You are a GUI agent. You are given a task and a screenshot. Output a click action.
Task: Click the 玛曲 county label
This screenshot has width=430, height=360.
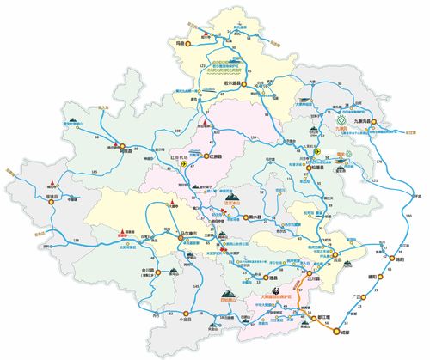180,40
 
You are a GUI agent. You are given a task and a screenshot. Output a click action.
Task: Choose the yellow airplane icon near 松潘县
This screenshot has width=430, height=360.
316,150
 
